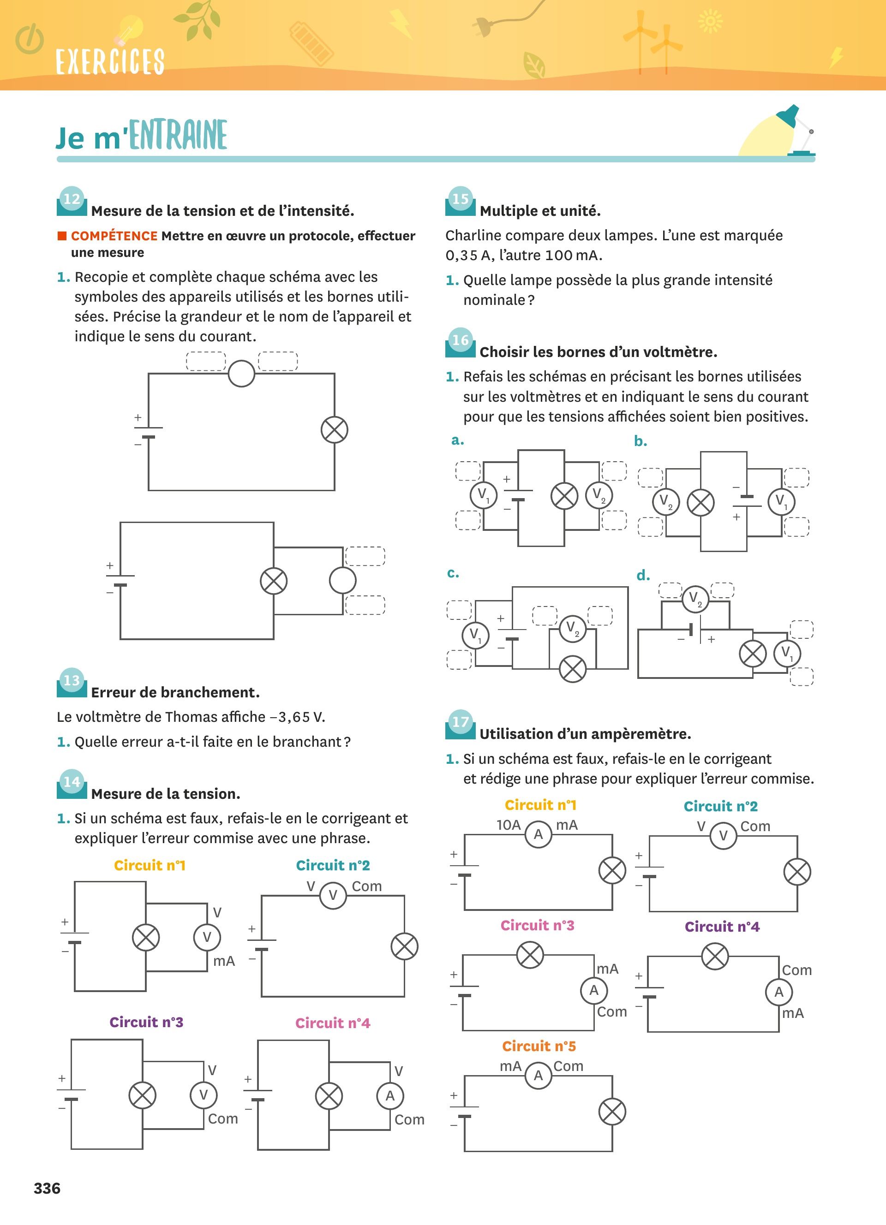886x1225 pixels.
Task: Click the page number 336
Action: click(47, 1188)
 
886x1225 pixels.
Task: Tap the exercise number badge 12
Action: click(72, 199)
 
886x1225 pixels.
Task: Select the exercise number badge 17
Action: click(460, 722)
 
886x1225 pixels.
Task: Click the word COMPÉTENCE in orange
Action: click(114, 236)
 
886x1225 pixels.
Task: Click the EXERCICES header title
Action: click(110, 61)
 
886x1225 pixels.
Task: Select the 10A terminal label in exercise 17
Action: click(509, 825)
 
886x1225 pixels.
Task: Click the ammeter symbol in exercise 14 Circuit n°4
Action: click(390, 1095)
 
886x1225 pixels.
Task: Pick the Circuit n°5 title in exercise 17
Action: click(539, 1046)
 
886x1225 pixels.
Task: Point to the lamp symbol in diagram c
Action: click(572, 669)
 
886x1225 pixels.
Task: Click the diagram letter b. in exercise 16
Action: click(640, 442)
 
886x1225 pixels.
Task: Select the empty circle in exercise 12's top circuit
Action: click(241, 373)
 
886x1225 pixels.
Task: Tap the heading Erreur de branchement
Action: click(175, 692)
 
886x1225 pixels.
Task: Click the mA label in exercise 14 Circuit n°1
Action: click(224, 961)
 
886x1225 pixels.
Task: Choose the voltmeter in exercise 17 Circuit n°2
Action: click(723, 836)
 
